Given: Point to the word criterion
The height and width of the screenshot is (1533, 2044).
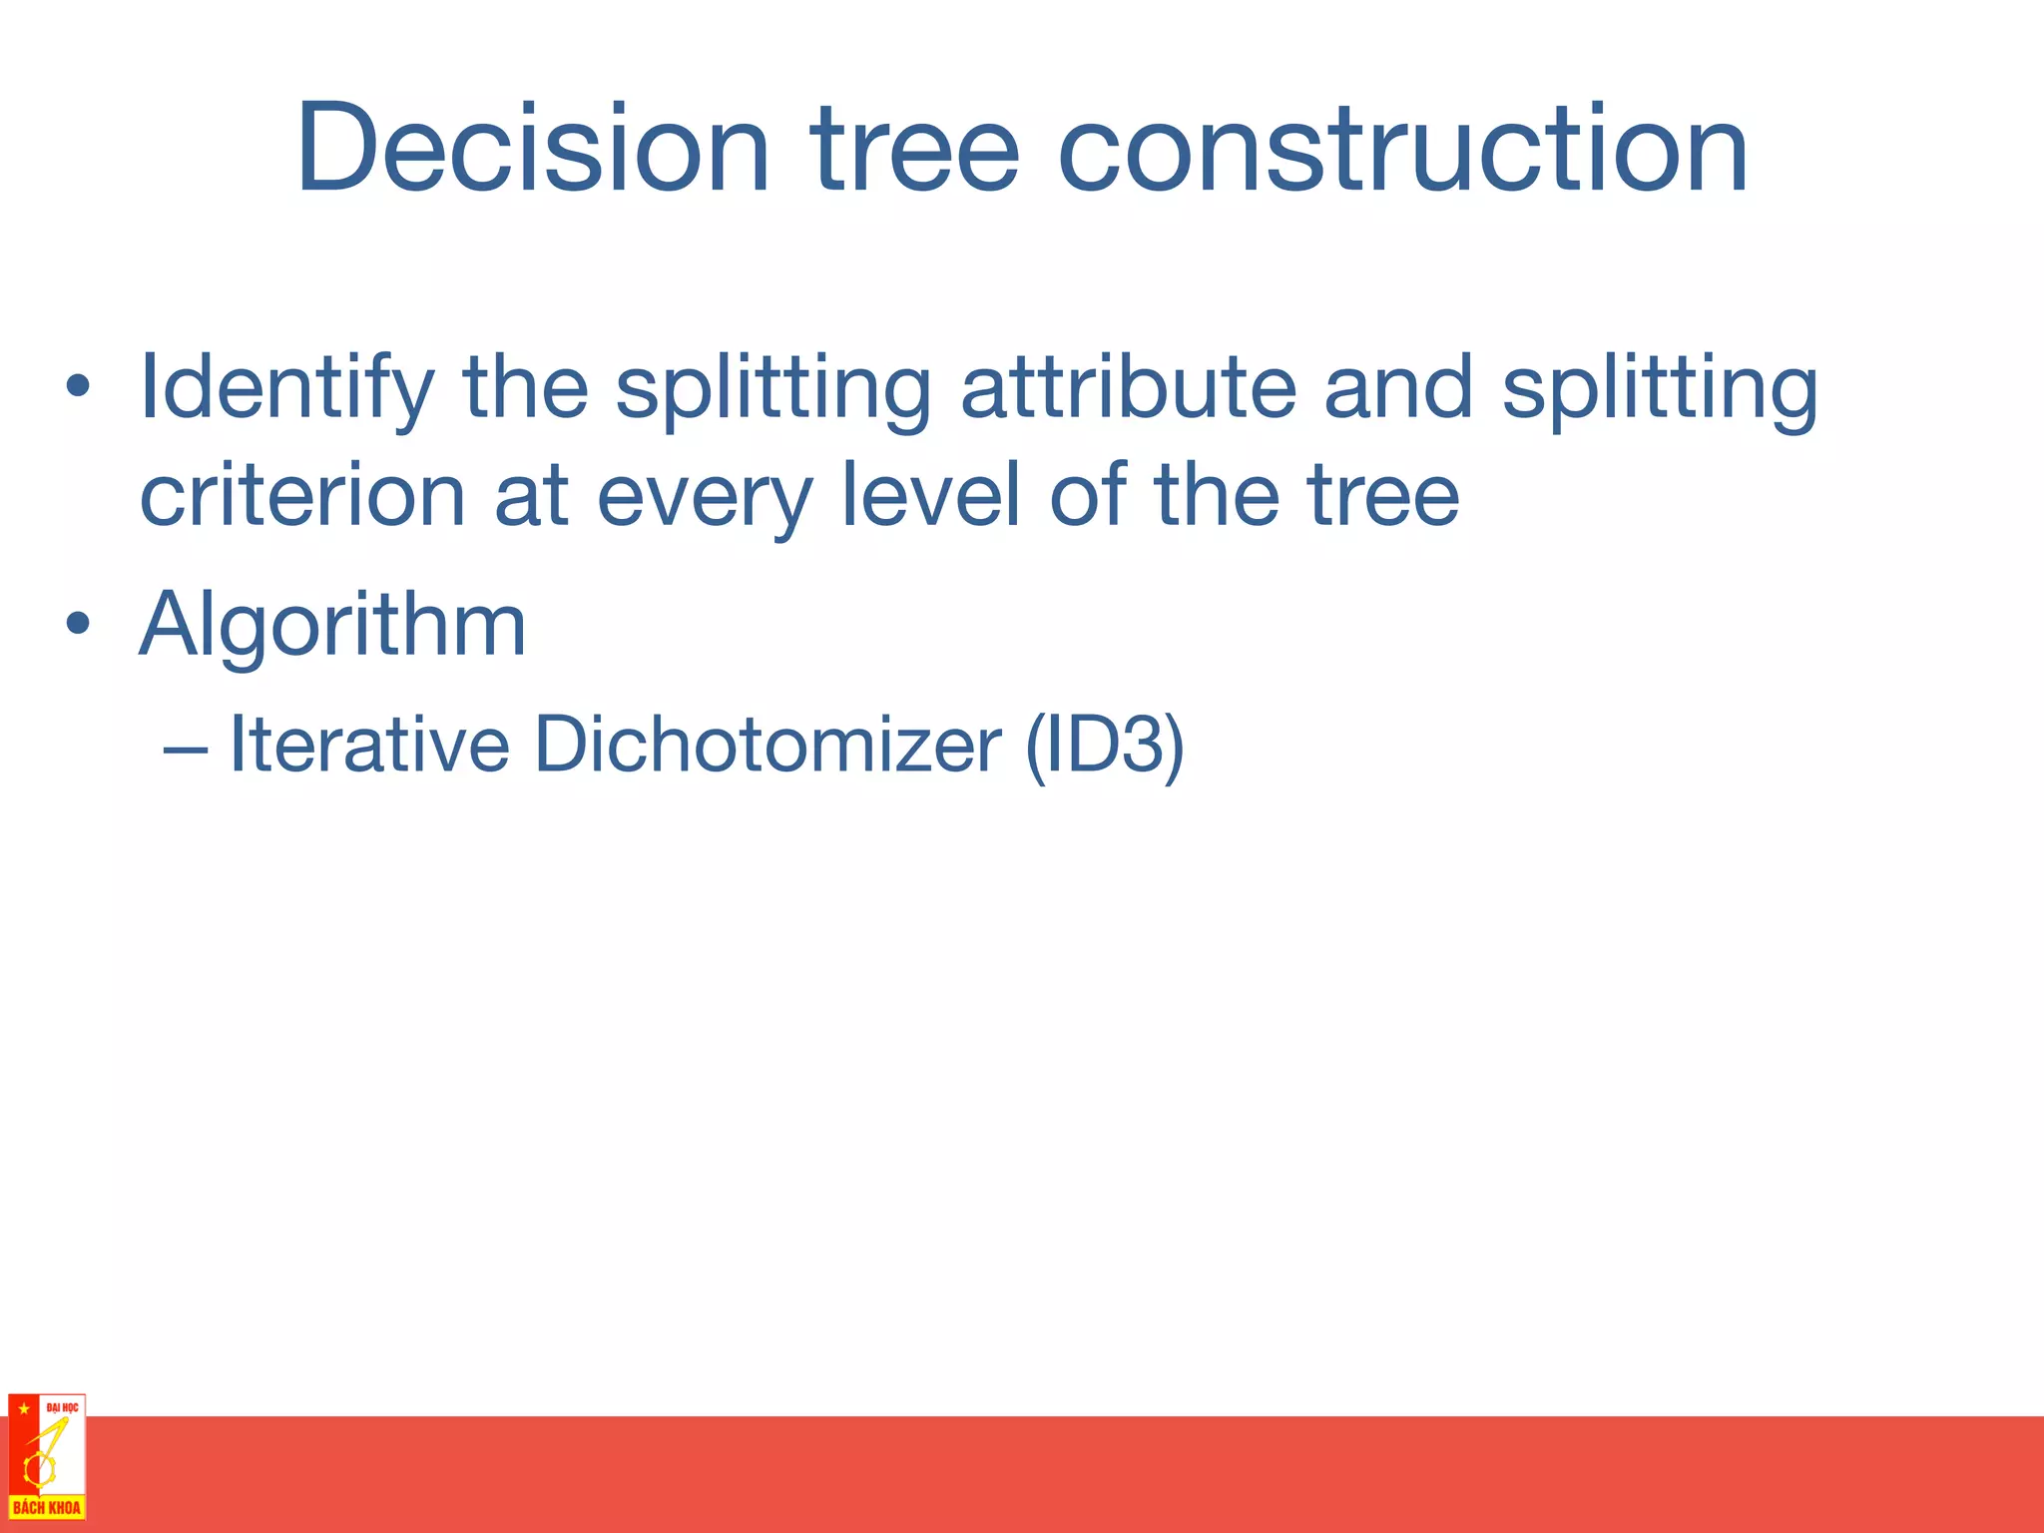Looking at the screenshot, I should coord(302,495).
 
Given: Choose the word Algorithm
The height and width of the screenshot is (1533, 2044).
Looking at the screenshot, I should coord(332,625).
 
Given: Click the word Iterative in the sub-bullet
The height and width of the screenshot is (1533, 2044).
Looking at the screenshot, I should coord(369,745).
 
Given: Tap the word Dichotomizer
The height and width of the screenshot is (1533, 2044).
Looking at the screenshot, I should coord(766,745).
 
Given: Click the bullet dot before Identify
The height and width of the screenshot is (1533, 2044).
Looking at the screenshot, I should coord(78,387).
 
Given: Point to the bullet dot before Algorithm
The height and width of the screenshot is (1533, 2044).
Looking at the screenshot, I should coord(78,625).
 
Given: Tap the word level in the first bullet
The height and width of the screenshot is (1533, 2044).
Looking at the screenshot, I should coord(930,495).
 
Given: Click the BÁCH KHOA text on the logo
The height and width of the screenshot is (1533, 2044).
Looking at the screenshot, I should coord(46,1507).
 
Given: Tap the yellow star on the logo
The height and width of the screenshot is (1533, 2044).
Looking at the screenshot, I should coord(23,1408).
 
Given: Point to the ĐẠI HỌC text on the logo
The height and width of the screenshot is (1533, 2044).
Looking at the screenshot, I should coord(62,1407).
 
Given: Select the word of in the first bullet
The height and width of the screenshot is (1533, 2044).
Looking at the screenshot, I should coord(1088,495).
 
